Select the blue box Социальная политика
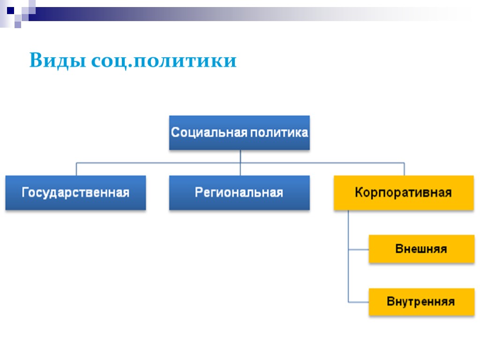(239, 133)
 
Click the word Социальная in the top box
(209, 132)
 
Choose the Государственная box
(75, 193)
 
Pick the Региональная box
(239, 193)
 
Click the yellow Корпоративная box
(404, 193)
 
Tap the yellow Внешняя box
(421, 249)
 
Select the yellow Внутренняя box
(421, 301)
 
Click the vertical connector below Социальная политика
(240, 157)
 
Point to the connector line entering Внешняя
(359, 249)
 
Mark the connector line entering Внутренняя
(359, 301)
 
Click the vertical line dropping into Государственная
(76, 169)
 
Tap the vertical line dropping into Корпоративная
(404, 169)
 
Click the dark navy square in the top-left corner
(10, 9)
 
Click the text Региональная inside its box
(239, 193)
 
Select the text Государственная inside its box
(75, 193)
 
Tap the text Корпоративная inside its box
(404, 193)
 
